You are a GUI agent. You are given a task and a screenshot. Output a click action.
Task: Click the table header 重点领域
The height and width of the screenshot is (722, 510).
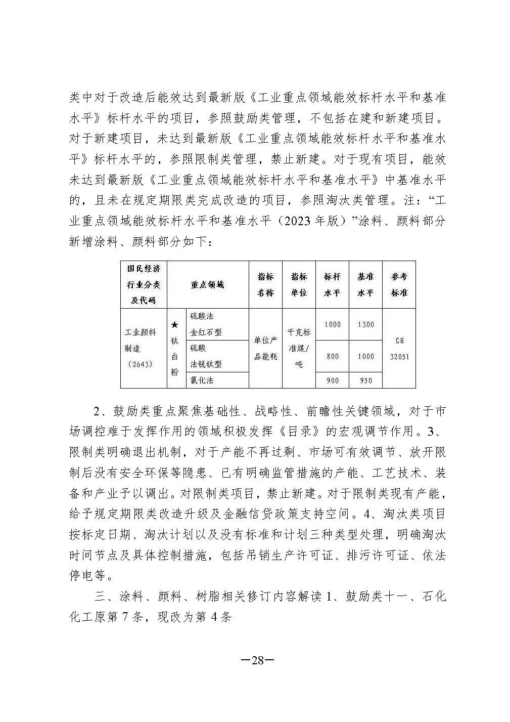[207, 284]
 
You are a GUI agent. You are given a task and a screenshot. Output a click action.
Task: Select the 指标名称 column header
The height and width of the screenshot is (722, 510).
[266, 284]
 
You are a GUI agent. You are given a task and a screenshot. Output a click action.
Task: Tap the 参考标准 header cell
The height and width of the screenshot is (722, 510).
[399, 284]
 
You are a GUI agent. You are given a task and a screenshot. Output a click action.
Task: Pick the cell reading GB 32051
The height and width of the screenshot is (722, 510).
[399, 348]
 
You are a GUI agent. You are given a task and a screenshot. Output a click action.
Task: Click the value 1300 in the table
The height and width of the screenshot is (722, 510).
[365, 324]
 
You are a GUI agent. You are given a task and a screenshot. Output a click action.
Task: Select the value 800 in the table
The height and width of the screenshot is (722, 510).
[332, 356]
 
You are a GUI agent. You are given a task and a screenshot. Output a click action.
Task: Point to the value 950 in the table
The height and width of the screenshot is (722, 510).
[365, 380]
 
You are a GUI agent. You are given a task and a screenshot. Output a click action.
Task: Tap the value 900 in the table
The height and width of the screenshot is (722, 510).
[332, 380]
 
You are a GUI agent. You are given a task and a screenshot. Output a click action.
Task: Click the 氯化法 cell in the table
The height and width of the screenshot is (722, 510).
[202, 380]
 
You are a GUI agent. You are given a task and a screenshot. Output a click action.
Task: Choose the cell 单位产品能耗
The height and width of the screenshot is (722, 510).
[266, 348]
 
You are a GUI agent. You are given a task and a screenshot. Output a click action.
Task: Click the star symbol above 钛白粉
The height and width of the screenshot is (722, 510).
[174, 324]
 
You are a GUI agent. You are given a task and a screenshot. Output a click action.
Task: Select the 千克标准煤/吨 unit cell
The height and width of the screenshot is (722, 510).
[299, 348]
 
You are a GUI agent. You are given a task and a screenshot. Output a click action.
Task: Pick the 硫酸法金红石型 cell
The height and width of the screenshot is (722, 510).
[206, 324]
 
